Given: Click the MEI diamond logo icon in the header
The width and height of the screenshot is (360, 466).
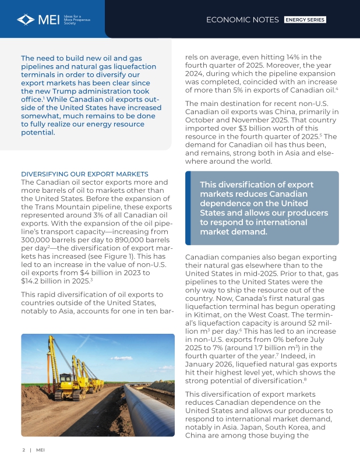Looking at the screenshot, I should pos(26,20).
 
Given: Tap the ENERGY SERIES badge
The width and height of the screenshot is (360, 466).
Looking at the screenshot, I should pos(305,20).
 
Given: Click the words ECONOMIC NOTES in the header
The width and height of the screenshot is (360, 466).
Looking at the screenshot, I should pos(242,20).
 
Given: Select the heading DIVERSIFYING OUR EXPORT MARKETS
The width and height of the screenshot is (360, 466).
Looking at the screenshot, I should pos(84,174).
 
